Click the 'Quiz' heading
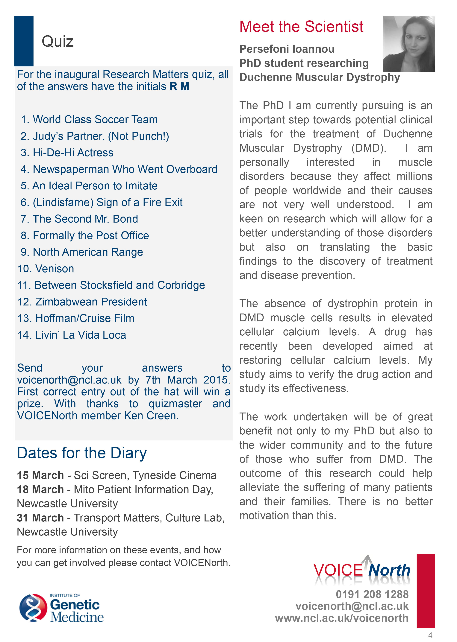pos(57,42)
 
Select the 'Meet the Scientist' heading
pos(301,27)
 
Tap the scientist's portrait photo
pos(409,44)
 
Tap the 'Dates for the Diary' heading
pos(82,453)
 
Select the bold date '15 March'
pos(40,475)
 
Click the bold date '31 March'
pos(40,518)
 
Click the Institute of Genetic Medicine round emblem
pos(33,608)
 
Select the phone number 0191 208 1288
pos(372,594)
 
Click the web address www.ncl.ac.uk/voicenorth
pos(342,618)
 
